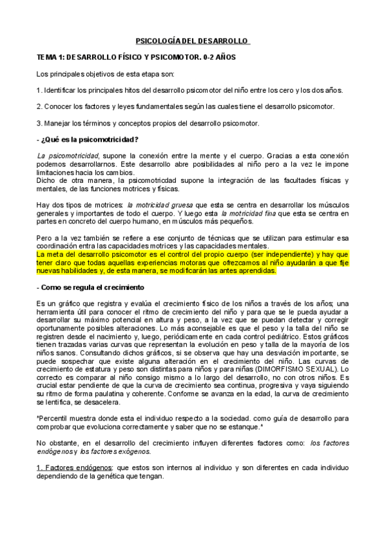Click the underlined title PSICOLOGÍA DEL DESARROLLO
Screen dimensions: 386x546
click(x=193, y=41)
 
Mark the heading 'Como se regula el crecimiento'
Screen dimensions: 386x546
click(x=93, y=287)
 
